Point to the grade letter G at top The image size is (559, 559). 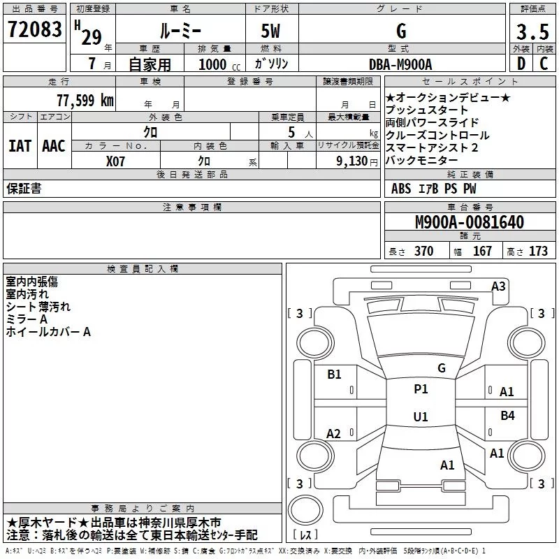click(400, 31)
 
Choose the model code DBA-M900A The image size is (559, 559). click(400, 64)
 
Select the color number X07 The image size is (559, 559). click(116, 160)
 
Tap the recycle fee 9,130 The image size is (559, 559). click(352, 160)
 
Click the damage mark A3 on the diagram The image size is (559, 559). click(498, 286)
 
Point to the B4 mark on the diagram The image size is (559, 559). click(507, 416)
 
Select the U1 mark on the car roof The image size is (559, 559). click(420, 416)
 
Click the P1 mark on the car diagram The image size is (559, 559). click(421, 389)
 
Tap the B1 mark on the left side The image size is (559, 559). click(334, 375)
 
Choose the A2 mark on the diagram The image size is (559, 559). click(333, 434)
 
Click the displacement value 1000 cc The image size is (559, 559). click(213, 64)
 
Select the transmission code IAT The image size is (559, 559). click(20, 146)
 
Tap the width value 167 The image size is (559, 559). click(482, 252)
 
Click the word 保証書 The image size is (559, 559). click(24, 188)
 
